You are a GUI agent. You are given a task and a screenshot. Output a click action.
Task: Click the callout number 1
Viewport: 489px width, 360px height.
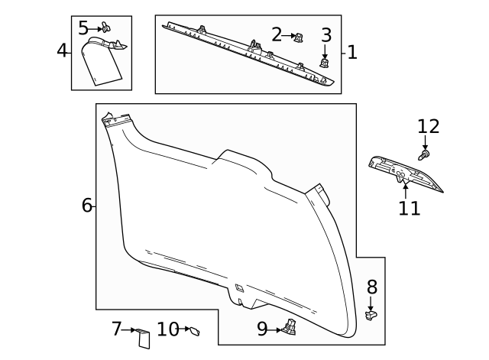coord(352,53)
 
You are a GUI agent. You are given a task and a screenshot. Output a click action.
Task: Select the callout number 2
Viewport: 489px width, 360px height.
coord(277,34)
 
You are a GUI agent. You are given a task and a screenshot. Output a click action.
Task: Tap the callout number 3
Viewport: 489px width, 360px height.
coord(326,35)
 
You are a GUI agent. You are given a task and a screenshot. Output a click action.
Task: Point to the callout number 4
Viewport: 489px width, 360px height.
coord(63,51)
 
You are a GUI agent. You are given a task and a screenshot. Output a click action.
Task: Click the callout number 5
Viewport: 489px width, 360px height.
coord(83,28)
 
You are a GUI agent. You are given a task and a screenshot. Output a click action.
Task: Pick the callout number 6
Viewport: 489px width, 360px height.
coord(87,205)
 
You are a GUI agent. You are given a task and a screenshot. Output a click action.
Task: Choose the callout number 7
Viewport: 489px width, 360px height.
coord(117,329)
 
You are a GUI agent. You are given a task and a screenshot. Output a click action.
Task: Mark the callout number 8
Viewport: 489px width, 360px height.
coord(372,287)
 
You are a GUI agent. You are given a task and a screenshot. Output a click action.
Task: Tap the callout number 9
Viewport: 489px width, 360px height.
coord(262,329)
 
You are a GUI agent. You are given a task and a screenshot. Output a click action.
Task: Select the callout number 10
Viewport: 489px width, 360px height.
coord(167,329)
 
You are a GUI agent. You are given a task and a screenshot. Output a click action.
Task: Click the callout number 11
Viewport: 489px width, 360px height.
coord(410,208)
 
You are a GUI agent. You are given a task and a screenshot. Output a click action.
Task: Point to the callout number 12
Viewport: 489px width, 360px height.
coord(429,127)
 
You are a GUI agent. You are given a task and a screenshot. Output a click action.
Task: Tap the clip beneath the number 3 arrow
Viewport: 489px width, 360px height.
coord(325,65)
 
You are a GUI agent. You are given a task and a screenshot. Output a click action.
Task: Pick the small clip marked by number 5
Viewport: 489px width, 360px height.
coord(106,29)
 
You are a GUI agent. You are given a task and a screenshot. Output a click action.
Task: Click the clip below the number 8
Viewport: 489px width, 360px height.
coord(372,315)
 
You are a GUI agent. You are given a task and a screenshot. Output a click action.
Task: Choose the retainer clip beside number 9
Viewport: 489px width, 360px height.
coord(290,328)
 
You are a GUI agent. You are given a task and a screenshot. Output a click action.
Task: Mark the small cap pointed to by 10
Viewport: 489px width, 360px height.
coord(195,331)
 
